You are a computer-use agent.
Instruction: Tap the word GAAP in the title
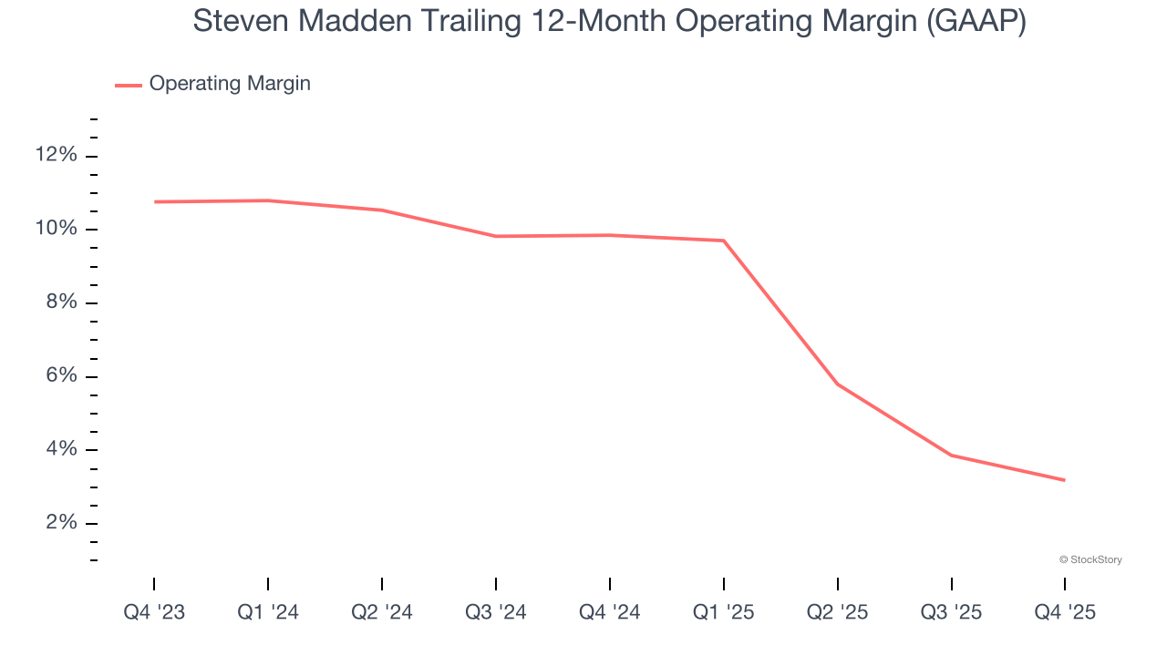[x=976, y=22]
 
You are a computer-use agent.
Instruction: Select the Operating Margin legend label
[x=230, y=84]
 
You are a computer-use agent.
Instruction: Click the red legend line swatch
[x=129, y=85]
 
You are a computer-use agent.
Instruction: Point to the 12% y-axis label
[x=56, y=155]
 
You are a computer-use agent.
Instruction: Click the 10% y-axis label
[x=56, y=229]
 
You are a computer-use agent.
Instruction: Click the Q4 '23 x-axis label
[x=154, y=613]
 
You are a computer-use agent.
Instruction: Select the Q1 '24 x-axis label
[x=268, y=613]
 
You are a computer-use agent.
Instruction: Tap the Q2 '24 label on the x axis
[x=382, y=613]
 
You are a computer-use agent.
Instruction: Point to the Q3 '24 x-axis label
[x=496, y=613]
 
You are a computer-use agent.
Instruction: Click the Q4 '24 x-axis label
[x=610, y=613]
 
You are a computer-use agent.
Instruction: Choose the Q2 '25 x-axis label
[x=838, y=613]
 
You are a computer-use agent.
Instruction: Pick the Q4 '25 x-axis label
[x=1065, y=613]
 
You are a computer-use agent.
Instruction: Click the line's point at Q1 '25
[x=724, y=241]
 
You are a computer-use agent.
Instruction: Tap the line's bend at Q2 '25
[x=838, y=384]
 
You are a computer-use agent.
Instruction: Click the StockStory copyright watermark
[x=1090, y=559]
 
